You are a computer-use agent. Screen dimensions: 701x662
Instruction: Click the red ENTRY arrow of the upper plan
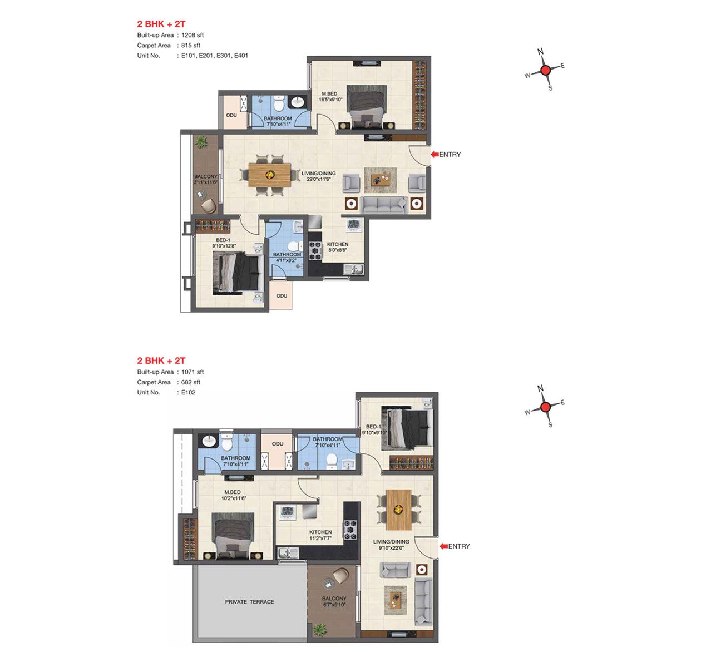tap(435, 154)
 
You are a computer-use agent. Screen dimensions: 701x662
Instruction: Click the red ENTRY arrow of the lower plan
tap(443, 546)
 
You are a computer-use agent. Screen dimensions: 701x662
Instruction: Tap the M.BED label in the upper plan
tap(329, 93)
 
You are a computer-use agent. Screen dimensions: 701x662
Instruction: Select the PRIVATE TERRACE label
tap(250, 601)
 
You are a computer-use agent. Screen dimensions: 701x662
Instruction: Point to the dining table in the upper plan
tap(270, 175)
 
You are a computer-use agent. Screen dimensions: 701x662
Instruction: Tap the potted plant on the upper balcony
tap(201, 142)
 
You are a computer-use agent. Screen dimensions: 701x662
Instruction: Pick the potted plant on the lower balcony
tap(320, 629)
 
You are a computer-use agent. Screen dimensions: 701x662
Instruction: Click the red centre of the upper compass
tap(545, 70)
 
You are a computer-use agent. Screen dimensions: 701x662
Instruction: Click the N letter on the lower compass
tap(540, 388)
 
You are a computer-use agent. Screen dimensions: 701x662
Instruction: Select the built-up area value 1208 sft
tap(192, 35)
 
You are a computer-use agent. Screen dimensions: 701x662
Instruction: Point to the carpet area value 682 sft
tap(191, 382)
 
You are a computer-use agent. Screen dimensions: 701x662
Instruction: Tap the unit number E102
tap(188, 392)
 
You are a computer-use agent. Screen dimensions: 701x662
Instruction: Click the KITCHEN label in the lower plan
tap(320, 532)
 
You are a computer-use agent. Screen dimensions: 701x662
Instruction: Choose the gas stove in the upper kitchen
tap(315, 250)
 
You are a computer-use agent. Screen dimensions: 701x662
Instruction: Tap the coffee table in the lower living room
tap(396, 600)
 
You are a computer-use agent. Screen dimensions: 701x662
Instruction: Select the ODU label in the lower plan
tap(278, 444)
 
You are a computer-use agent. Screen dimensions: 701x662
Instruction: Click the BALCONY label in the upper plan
tap(206, 176)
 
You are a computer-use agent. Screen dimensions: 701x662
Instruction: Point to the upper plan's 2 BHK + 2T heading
tap(161, 24)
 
